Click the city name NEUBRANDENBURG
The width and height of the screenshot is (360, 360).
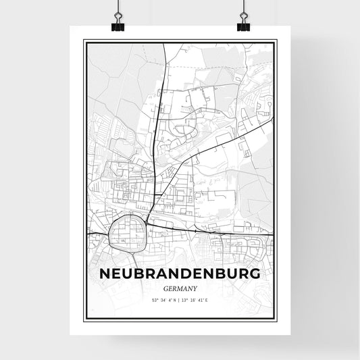(180, 274)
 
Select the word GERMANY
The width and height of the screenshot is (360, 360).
(180, 287)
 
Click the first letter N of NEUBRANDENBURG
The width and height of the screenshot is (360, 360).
(105, 274)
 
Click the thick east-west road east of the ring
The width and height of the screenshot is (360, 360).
(216, 232)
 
